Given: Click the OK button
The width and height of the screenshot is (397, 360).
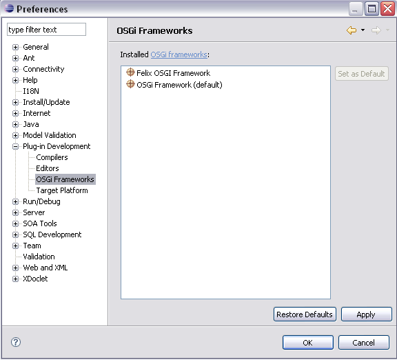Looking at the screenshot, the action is pyautogui.click(x=308, y=343).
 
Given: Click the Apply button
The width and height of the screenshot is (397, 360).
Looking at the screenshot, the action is pyautogui.click(x=367, y=314).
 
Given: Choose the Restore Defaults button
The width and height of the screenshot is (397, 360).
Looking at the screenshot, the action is pyautogui.click(x=305, y=314).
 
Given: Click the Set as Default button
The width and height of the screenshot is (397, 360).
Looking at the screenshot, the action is pyautogui.click(x=362, y=74).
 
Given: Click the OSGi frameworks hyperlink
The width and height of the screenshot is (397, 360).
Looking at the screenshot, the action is pyautogui.click(x=179, y=54).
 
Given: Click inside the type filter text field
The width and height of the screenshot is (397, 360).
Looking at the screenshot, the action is pyautogui.click(x=47, y=30).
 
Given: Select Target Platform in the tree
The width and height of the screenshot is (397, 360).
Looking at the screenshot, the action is pyautogui.click(x=62, y=190).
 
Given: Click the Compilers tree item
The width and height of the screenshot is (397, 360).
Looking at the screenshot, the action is pyautogui.click(x=52, y=157).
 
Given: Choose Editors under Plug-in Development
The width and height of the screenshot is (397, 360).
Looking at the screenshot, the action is pyautogui.click(x=48, y=168).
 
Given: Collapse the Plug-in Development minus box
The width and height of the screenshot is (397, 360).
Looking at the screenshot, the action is pyautogui.click(x=15, y=146).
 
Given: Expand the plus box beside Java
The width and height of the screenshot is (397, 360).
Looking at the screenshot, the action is pyautogui.click(x=15, y=124).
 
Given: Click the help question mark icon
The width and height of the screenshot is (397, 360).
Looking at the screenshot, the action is pyautogui.click(x=16, y=342).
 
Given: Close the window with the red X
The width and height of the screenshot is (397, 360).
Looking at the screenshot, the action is pyautogui.click(x=387, y=9).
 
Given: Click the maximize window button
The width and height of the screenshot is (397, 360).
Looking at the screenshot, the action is pyautogui.click(x=371, y=9).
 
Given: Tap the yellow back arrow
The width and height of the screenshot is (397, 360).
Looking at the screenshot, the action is pyautogui.click(x=352, y=30).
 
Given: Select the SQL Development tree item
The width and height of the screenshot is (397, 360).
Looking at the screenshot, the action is pyautogui.click(x=52, y=234).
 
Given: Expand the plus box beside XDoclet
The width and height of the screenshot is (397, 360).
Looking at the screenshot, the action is pyautogui.click(x=15, y=279).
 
